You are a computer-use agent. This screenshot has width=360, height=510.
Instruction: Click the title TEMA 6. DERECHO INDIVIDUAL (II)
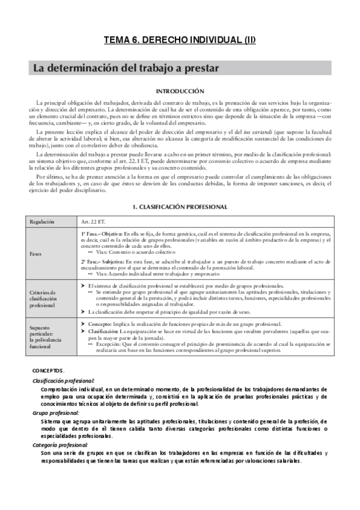(x=180, y=41)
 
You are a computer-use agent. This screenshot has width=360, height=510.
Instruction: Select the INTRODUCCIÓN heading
(x=180, y=91)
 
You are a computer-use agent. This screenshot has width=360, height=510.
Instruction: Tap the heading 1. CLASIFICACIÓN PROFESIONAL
(x=180, y=207)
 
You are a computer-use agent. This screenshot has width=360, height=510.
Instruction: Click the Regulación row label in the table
(x=41, y=222)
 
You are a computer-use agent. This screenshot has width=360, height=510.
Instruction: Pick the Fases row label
(x=36, y=254)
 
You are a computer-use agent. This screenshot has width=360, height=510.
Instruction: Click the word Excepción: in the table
(x=111, y=345)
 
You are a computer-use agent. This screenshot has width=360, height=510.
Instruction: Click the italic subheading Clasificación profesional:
(x=63, y=381)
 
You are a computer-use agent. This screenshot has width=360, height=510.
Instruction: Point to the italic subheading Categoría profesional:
(x=60, y=445)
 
